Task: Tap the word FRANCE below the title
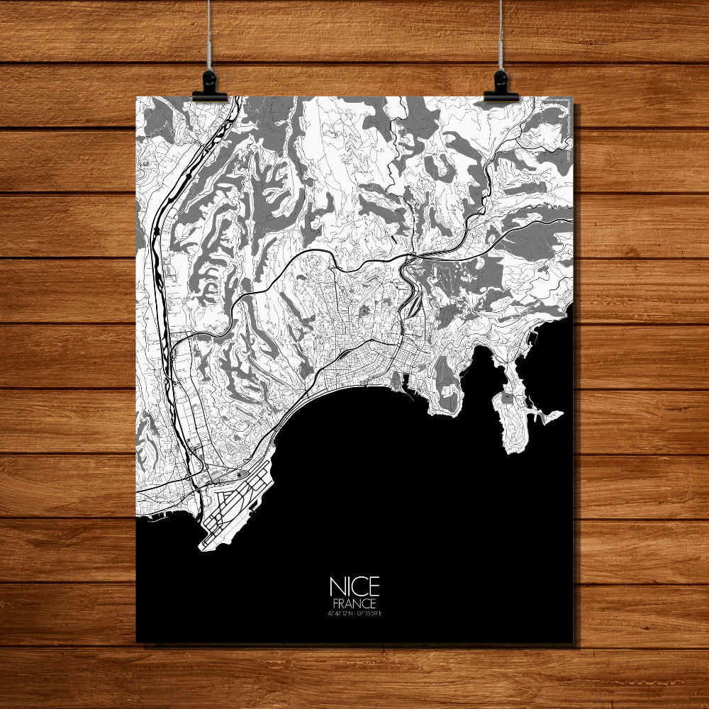[x=354, y=603]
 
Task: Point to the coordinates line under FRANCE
[x=354, y=613]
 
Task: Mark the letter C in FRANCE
[x=364, y=603]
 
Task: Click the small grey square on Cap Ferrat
[x=508, y=398]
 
